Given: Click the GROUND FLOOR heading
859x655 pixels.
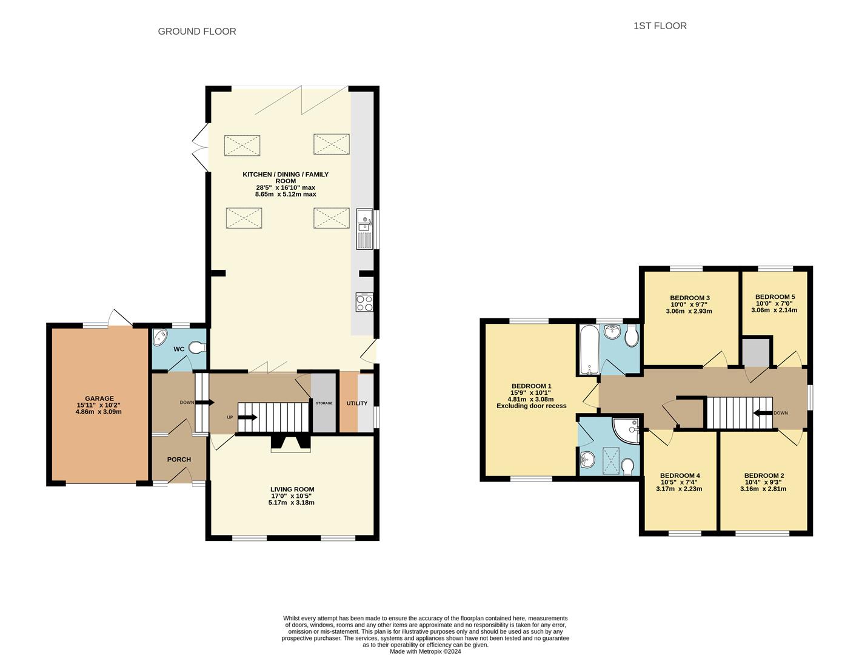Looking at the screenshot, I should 197,32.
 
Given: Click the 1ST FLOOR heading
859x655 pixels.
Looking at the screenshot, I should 660,26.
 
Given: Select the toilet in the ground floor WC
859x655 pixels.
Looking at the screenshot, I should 197,348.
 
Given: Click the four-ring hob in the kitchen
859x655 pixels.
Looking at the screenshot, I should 364,302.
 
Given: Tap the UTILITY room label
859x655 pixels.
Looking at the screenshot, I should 357,403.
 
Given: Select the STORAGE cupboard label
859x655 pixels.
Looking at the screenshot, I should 324,403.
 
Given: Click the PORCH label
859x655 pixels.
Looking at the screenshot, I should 179,459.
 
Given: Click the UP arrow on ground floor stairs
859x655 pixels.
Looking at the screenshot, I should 249,417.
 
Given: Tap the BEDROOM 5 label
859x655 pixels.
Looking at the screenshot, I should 775,297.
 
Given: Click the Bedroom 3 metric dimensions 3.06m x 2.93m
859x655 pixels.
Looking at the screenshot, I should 689,311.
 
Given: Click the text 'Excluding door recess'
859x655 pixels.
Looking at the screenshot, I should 531,406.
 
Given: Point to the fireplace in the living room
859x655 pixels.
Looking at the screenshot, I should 290,444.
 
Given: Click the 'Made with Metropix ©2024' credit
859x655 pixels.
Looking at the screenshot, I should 425,652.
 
